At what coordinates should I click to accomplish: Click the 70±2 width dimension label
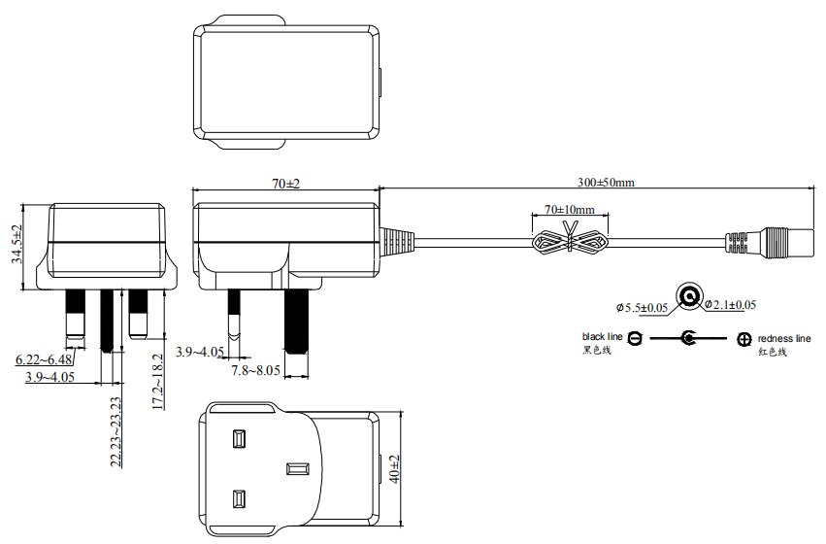[286, 183]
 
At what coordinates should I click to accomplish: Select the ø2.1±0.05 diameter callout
[729, 305]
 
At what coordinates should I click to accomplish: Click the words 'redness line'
[784, 338]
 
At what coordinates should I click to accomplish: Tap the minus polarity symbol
[635, 338]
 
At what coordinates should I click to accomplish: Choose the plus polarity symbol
[744, 339]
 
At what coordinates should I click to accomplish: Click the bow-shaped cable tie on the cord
[570, 239]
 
